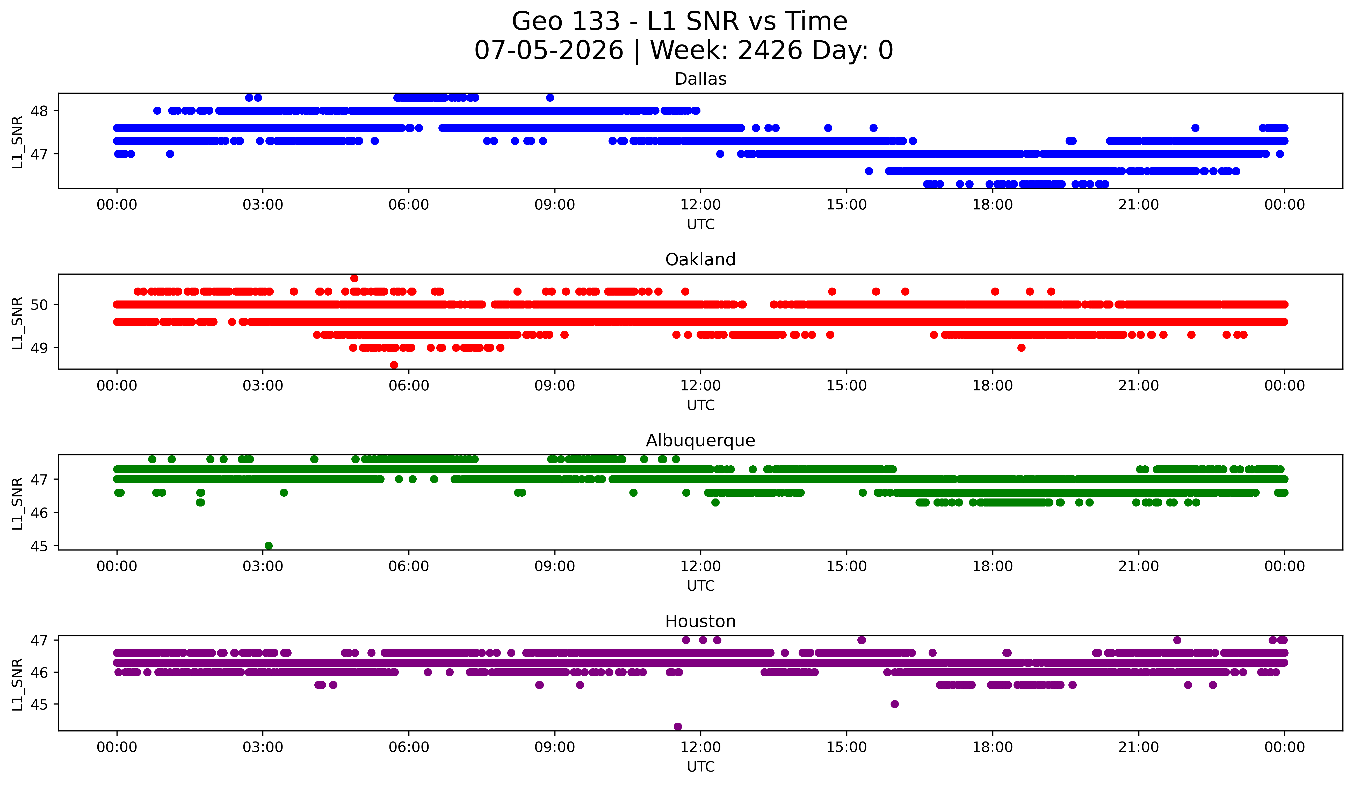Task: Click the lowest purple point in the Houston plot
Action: [678, 727]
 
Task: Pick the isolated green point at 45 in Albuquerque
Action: [269, 546]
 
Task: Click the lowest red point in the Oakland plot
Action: [394, 365]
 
